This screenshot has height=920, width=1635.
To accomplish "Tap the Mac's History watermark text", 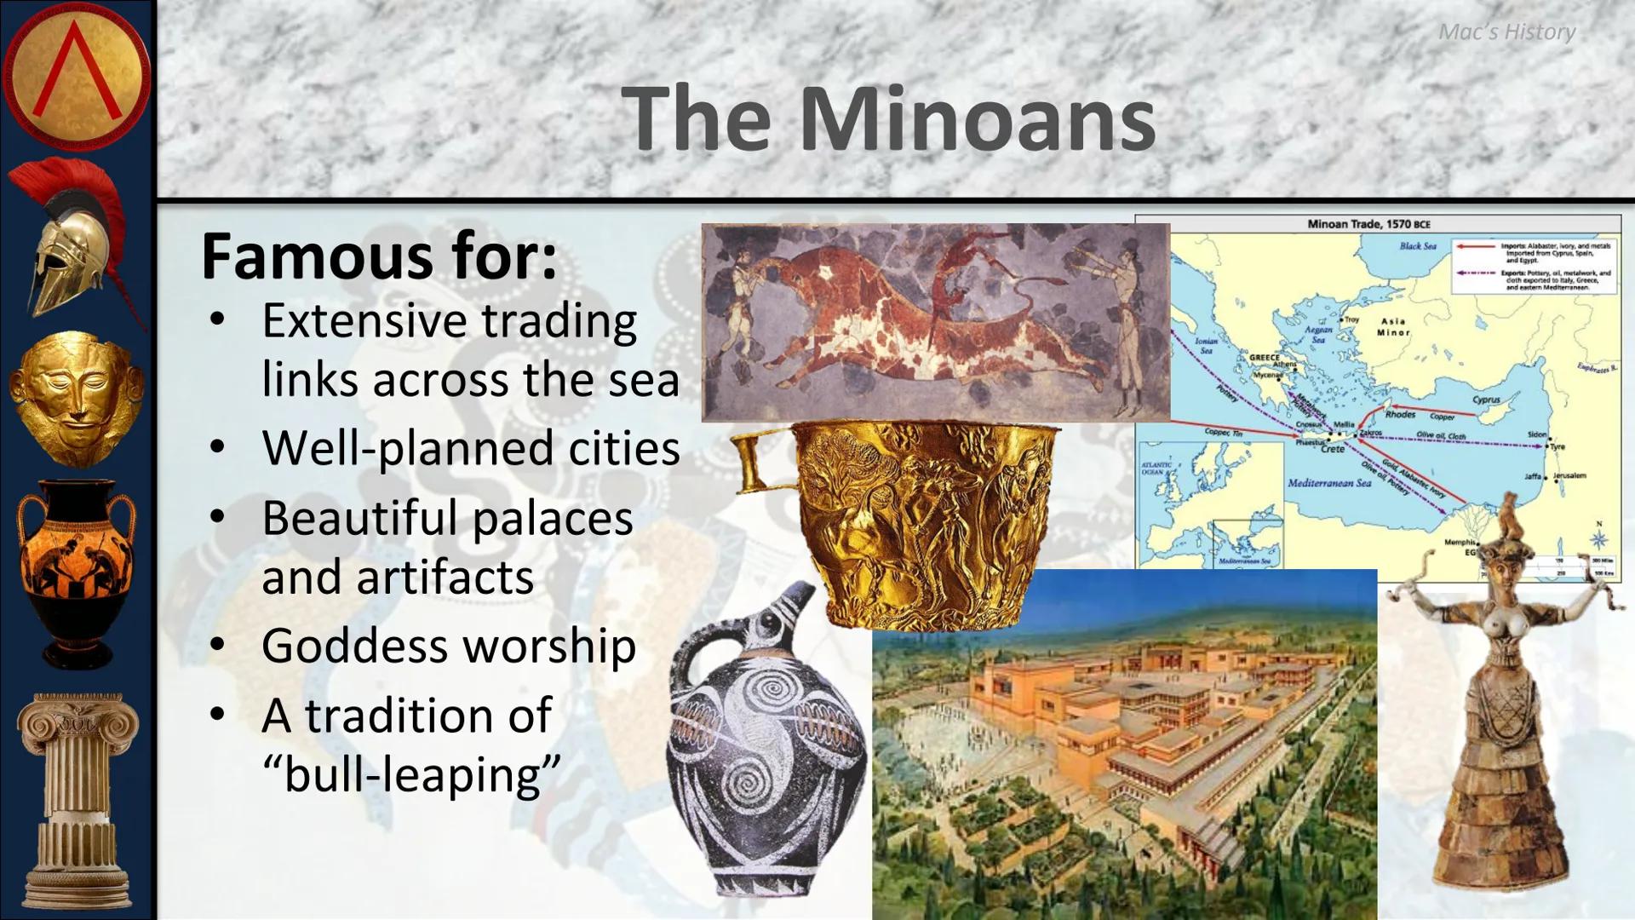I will [1506, 32].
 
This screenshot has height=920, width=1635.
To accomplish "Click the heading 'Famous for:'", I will [379, 256].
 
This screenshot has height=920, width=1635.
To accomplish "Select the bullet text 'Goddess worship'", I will [449, 646].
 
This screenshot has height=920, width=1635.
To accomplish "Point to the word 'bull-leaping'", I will [412, 774].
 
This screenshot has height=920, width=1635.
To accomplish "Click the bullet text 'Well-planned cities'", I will [471, 448].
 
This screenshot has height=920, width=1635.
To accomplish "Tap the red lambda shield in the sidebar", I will [77, 75].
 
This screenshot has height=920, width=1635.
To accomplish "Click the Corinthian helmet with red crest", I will [72, 243].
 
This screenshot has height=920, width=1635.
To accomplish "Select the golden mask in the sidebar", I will [77, 399].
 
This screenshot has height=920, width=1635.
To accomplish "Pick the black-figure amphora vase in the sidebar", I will [77, 571].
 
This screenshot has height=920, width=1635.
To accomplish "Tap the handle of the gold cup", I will [754, 461].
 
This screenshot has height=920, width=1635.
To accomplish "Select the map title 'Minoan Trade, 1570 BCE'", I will [1368, 224].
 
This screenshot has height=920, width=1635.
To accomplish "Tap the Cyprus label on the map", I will [1486, 400].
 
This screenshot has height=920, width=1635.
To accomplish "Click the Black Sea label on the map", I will [1418, 246].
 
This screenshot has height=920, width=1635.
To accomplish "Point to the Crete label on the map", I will [1333, 449].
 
